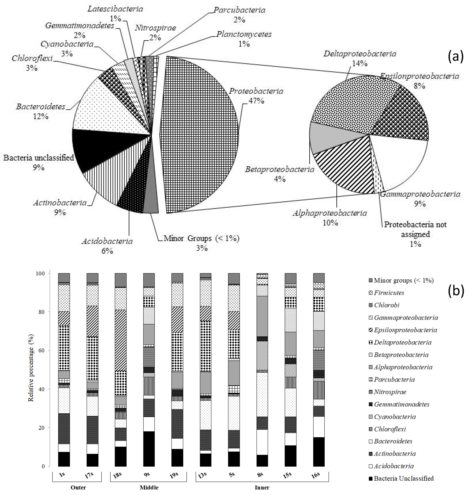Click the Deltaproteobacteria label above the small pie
(x=360, y=54)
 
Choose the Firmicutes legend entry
(x=389, y=293)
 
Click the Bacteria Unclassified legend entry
(x=403, y=478)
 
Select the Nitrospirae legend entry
(x=390, y=392)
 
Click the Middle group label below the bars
(x=149, y=487)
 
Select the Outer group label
(x=78, y=487)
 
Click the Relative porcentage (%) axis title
(x=31, y=368)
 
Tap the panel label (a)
(x=455, y=56)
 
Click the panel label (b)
(x=455, y=291)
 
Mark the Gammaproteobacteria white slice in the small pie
(x=401, y=160)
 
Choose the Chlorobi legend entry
(x=386, y=305)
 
